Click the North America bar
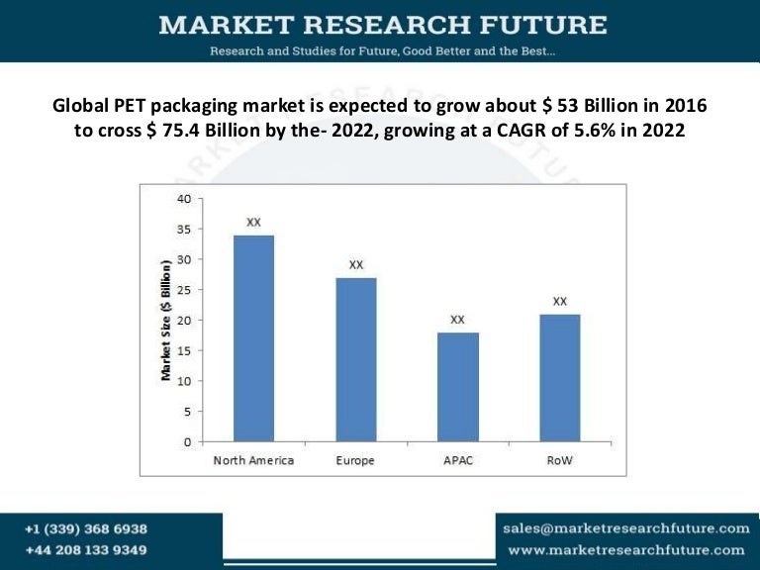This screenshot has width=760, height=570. pyautogui.click(x=253, y=338)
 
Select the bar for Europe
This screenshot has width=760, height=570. pyautogui.click(x=355, y=359)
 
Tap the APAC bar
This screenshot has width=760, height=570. pyautogui.click(x=457, y=387)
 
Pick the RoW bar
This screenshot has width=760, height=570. pyautogui.click(x=559, y=378)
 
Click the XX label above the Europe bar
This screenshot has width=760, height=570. pyautogui.click(x=356, y=265)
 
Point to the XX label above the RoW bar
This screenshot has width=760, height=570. pyautogui.click(x=560, y=301)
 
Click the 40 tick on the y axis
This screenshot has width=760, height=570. pyautogui.click(x=183, y=198)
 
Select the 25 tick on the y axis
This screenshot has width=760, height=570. pyautogui.click(x=183, y=290)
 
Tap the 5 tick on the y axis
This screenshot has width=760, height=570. pyautogui.click(x=187, y=411)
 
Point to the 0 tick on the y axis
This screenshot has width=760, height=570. pyautogui.click(x=187, y=441)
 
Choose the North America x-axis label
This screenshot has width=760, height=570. pyautogui.click(x=253, y=461)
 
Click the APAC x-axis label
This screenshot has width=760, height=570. pyautogui.click(x=457, y=461)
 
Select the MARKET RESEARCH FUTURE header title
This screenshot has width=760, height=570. pyautogui.click(x=382, y=24)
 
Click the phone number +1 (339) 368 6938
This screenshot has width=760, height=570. pyautogui.click(x=86, y=529)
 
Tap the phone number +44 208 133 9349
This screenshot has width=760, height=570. pyautogui.click(x=86, y=550)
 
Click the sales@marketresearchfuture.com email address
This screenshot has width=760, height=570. pyautogui.click(x=625, y=528)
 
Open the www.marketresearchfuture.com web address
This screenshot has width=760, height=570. pyautogui.click(x=625, y=550)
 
